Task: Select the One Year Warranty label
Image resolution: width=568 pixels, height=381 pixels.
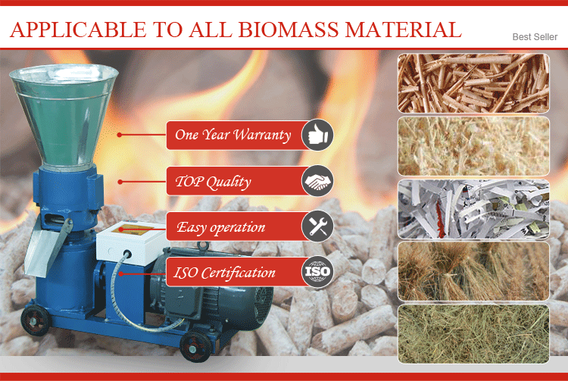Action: point(233,136)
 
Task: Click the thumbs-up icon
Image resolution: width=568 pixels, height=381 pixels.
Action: point(317,136)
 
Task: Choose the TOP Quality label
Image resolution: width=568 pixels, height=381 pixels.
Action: point(213,181)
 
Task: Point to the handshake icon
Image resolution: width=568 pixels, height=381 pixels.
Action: point(317,181)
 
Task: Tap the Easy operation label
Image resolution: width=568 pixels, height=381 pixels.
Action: point(220,226)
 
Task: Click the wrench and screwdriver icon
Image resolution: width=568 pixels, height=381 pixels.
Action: point(317,226)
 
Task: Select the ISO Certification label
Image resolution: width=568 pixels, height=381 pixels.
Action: point(224,272)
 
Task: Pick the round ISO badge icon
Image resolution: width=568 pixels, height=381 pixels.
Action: point(317,272)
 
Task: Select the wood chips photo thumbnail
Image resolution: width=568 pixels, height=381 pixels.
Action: point(473,83)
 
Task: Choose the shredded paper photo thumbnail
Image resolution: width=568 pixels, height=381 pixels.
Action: point(473,208)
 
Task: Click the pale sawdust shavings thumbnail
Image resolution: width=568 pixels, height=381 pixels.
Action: point(473,146)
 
